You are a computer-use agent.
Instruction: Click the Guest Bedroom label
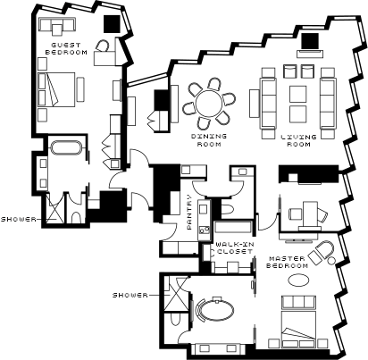(x=66, y=48)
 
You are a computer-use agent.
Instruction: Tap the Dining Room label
(x=209, y=140)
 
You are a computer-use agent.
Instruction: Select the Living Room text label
(x=298, y=140)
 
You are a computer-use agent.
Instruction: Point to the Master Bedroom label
(x=287, y=262)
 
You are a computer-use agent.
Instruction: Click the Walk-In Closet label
(x=235, y=247)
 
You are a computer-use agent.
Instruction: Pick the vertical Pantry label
(x=189, y=212)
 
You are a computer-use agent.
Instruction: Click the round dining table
(x=209, y=103)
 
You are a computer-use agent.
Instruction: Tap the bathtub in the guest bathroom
(x=66, y=148)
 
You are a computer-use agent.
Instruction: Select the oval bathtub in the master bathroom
(x=216, y=310)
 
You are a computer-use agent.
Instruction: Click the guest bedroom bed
(x=56, y=89)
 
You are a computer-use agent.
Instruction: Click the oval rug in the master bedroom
(x=298, y=280)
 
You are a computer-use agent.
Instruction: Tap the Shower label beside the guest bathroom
(x=18, y=220)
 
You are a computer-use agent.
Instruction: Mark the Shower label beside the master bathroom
(x=130, y=295)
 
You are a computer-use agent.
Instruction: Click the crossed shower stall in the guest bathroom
(x=55, y=208)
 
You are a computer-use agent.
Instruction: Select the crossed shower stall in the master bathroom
(x=176, y=293)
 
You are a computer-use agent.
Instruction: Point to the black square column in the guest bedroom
(x=112, y=24)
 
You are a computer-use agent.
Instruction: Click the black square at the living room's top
(x=310, y=41)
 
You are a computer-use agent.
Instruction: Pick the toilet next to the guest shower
(x=77, y=217)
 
